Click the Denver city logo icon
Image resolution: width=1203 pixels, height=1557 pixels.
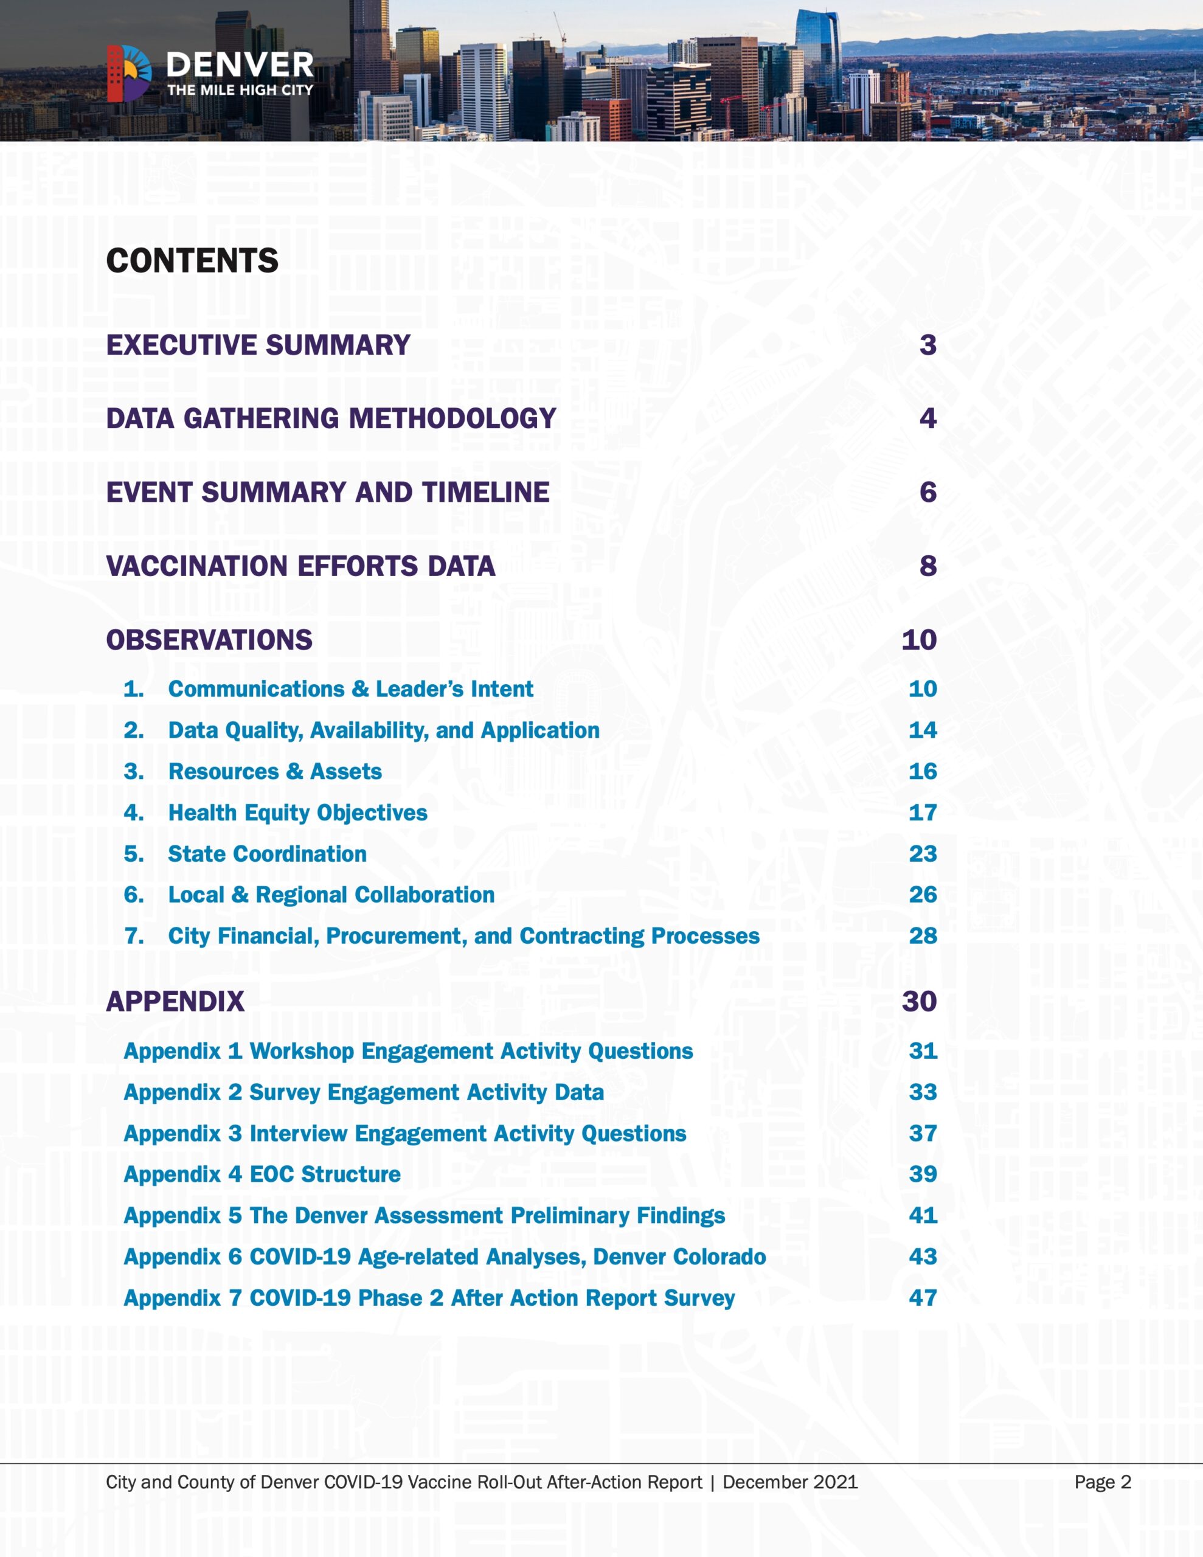click(x=129, y=73)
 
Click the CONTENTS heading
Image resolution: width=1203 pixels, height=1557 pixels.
click(x=192, y=261)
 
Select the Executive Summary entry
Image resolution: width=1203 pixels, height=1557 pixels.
click(x=258, y=345)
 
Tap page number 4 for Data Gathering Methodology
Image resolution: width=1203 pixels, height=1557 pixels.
click(x=927, y=418)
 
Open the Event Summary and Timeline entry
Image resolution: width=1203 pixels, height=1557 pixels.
click(x=327, y=493)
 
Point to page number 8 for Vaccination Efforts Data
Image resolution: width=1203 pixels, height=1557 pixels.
click(x=927, y=566)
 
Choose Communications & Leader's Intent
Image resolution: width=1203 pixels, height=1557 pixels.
click(x=350, y=689)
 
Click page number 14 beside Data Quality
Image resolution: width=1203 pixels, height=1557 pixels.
click(x=922, y=730)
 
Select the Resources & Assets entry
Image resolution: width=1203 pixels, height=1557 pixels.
click(x=274, y=771)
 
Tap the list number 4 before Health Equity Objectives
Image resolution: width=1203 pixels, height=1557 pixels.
click(x=133, y=813)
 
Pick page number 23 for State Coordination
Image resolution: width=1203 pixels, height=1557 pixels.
click(x=922, y=854)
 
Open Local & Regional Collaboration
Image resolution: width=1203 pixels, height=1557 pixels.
click(x=331, y=895)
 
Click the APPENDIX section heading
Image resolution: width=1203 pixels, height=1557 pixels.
click(x=175, y=1002)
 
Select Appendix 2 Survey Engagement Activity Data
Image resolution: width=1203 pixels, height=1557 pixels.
click(x=364, y=1092)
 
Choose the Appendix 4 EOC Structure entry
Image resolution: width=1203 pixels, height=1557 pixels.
click(x=262, y=1174)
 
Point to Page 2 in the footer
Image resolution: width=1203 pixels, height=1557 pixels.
click(x=1103, y=1482)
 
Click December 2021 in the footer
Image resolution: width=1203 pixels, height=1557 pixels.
click(x=789, y=1482)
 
